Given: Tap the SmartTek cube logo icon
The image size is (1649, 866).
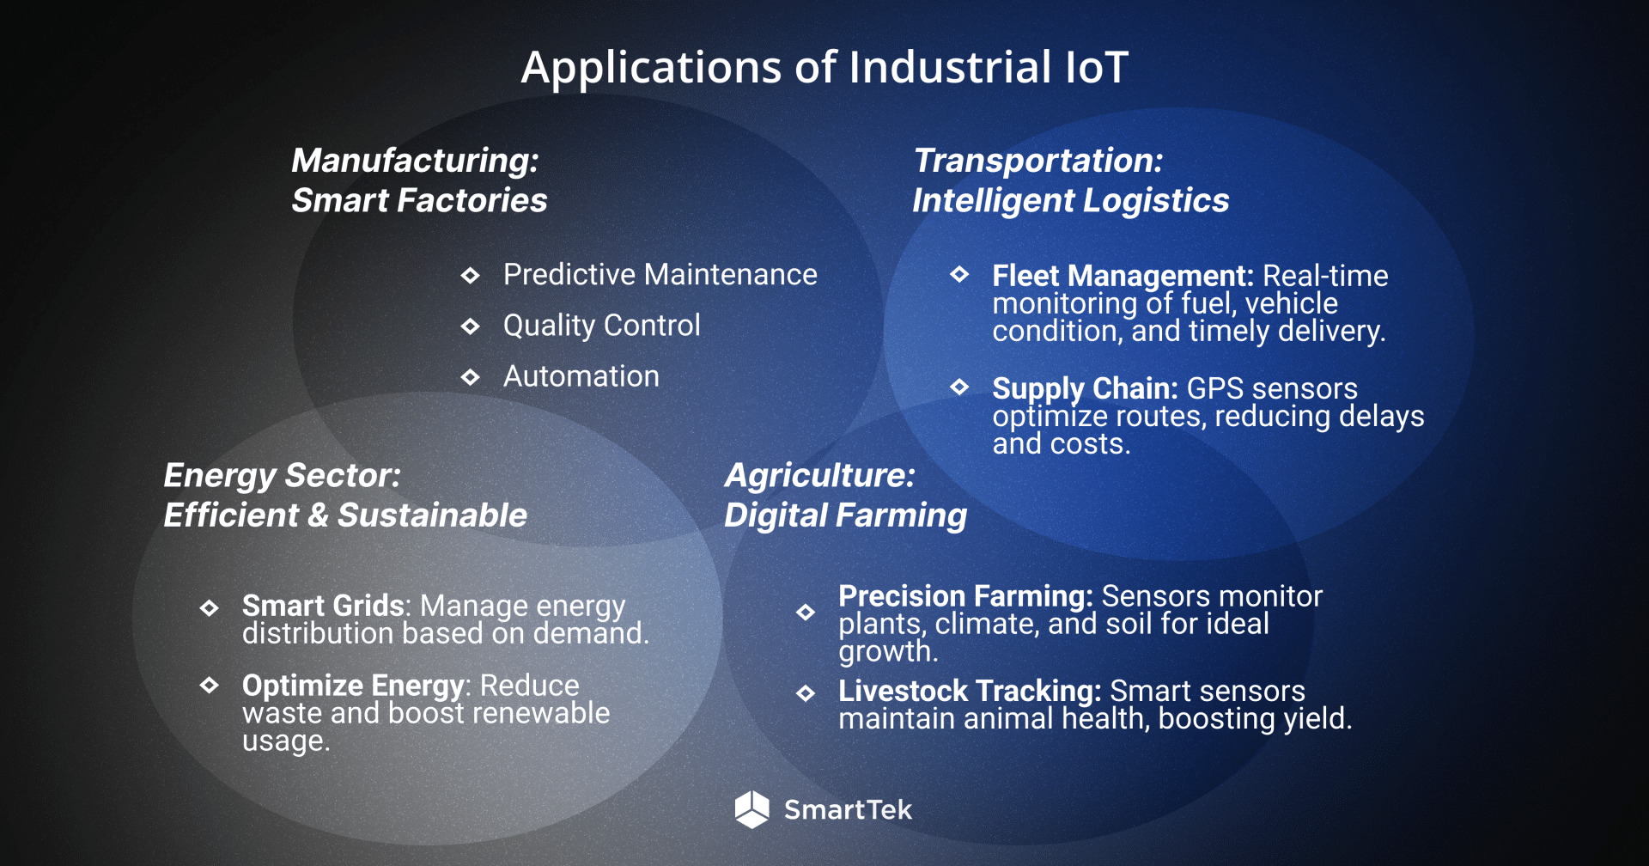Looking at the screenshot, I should tap(751, 809).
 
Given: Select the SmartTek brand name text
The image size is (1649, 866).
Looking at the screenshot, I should tap(848, 809).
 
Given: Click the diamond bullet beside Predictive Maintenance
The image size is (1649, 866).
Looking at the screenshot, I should tap(470, 276).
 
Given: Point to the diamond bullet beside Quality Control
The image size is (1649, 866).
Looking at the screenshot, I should tap(470, 326).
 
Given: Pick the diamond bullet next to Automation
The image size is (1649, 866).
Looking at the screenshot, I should tap(470, 377).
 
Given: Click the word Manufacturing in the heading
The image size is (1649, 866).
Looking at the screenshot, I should tap(415, 161).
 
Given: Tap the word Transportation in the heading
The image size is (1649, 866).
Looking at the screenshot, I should tap(1037, 161).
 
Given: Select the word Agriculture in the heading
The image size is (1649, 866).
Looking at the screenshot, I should tap(819, 476).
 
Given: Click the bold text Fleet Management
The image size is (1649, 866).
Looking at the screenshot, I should tap(1122, 276).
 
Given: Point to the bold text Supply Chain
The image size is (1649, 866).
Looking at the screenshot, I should tap(1084, 388).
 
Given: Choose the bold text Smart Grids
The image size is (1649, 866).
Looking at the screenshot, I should tap(323, 606).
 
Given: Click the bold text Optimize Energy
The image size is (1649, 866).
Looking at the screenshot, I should tap(353, 686).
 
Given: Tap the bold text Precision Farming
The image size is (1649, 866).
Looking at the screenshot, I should tap(964, 596).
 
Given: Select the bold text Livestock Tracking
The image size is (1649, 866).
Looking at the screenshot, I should tap(969, 691).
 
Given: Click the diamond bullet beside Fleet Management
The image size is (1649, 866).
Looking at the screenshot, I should tap(959, 275).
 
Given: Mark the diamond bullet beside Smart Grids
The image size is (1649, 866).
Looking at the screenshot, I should tap(209, 608).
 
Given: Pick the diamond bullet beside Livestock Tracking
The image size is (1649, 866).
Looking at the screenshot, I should tap(806, 693).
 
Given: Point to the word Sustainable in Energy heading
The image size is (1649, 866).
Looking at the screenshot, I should tap(432, 515).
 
